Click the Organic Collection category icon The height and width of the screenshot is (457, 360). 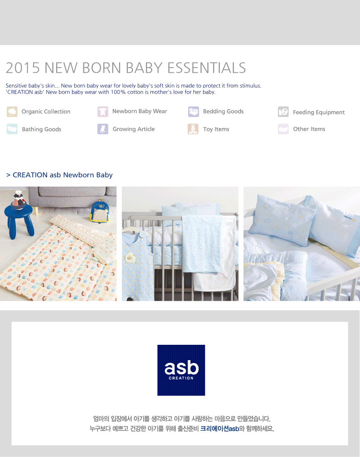tap(12, 112)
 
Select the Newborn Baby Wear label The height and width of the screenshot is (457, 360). tap(140, 111)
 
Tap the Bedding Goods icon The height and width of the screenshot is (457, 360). tap(193, 112)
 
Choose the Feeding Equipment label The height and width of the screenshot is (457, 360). tap(319, 112)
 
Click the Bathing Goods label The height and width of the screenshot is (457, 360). tap(41, 129)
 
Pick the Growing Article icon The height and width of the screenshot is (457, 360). tap(103, 129)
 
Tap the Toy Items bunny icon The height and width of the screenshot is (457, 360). tap(193, 129)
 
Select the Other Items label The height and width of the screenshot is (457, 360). tap(309, 129)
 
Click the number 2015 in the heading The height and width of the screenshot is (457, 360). tap(23, 68)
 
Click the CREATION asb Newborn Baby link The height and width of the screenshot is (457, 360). tap(60, 175)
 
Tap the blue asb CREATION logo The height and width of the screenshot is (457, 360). tap(181, 370)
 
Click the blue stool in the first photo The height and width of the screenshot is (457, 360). tap(19, 220)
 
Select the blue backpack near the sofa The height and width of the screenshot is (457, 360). tap(100, 211)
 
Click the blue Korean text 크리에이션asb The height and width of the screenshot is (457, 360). tap(220, 428)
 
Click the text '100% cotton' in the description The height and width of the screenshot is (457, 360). tap(127, 92)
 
